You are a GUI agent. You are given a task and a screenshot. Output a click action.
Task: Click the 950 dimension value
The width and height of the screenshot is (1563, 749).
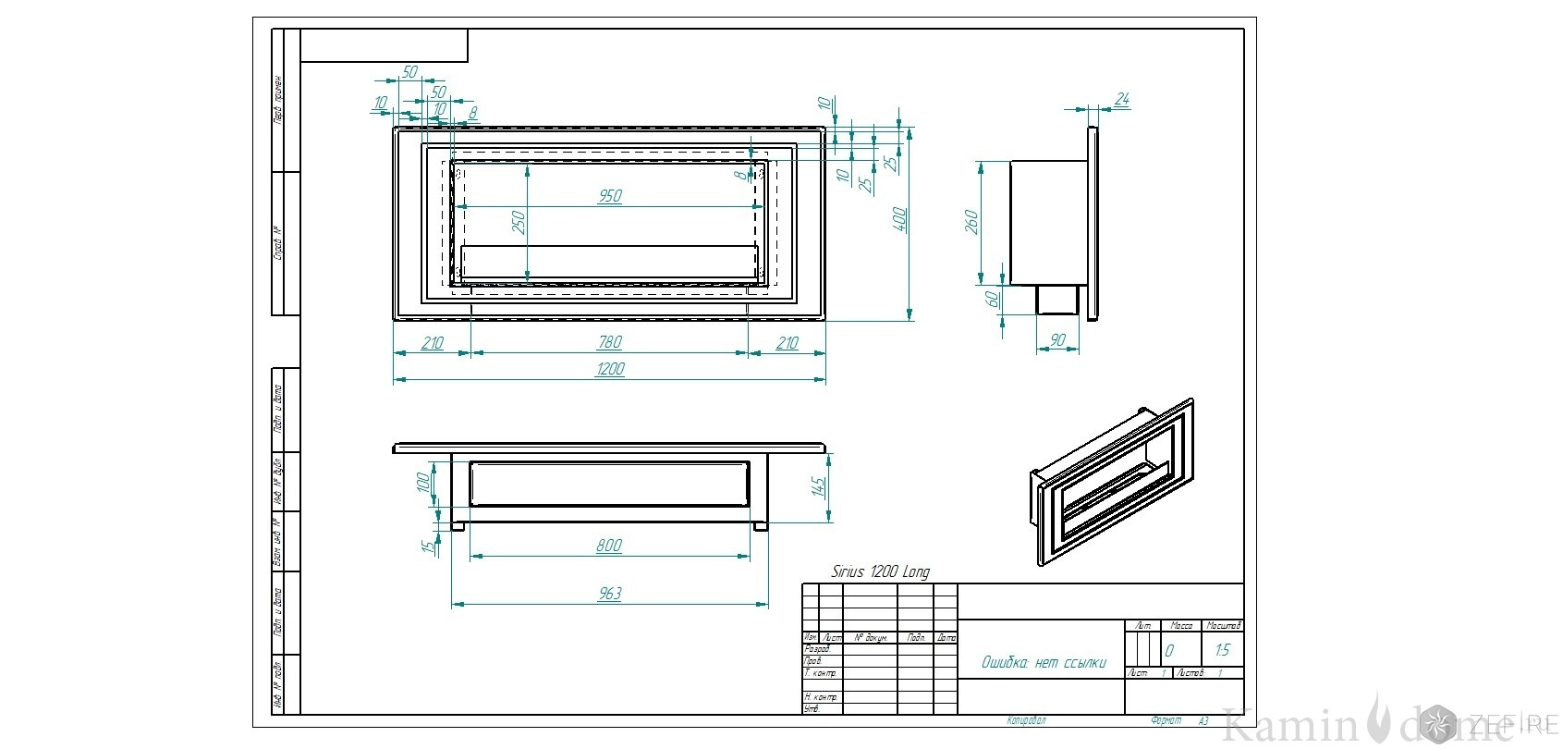pos(610,196)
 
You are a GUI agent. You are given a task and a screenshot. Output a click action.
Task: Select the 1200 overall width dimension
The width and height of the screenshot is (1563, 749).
pos(610,370)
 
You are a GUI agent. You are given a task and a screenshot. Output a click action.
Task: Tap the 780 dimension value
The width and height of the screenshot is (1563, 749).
pos(610,342)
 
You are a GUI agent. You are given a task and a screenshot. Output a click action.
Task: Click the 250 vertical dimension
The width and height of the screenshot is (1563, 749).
pos(519,222)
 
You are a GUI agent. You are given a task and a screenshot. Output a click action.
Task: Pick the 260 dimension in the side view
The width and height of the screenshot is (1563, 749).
pos(971,221)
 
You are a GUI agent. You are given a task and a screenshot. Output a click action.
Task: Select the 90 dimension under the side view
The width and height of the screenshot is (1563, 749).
pos(1059,341)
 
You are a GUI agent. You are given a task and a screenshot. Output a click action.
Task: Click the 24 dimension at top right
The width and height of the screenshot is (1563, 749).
pos(1123,99)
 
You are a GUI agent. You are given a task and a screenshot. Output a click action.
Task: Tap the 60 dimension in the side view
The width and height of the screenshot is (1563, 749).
pos(993,299)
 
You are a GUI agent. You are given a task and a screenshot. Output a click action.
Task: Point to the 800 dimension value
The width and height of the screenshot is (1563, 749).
pos(609,546)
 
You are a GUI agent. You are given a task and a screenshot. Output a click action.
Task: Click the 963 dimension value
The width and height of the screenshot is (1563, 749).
pos(610,594)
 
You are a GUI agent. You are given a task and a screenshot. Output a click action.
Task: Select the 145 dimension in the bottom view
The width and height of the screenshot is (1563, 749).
pos(817,487)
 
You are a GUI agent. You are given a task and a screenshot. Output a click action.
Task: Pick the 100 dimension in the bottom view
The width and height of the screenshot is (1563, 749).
pos(423,483)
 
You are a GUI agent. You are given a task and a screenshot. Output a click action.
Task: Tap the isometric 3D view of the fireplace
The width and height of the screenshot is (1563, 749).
pos(1112,482)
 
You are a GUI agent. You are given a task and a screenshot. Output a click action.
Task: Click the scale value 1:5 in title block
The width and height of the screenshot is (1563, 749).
pos(1223,651)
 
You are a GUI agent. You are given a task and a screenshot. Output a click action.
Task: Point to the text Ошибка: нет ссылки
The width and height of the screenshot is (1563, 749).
pos(1044,663)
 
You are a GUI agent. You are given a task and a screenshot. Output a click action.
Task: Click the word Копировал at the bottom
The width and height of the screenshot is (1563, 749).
pos(1026,719)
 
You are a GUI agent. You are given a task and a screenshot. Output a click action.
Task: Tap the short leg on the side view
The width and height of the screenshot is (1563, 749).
pos(1059,300)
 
